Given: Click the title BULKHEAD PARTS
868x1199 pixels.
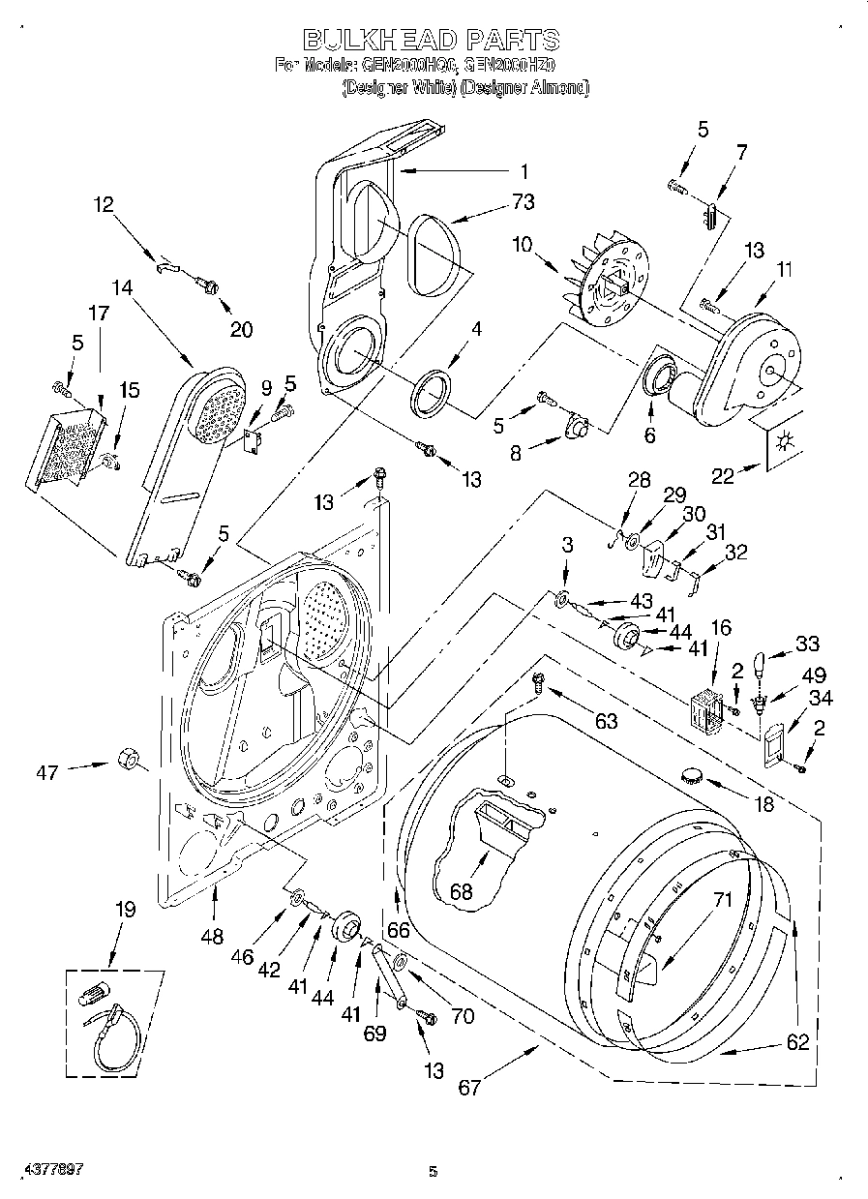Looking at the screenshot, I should (x=431, y=39).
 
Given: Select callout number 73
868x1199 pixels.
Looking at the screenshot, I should (x=524, y=202).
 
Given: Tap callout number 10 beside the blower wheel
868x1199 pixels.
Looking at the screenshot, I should (x=524, y=246).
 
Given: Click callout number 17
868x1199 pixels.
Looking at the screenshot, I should (x=100, y=314).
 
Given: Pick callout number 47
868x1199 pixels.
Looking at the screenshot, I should (x=46, y=772).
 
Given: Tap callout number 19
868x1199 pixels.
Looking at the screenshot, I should (x=125, y=910).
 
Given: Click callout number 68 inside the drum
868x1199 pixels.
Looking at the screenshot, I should (x=462, y=891).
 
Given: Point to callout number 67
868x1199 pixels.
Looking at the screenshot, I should (x=469, y=1088).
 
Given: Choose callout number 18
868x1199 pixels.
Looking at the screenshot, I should (x=763, y=802).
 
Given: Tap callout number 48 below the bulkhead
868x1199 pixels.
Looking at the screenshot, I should (x=213, y=936).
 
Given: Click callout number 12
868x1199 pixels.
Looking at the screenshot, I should (x=103, y=204).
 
